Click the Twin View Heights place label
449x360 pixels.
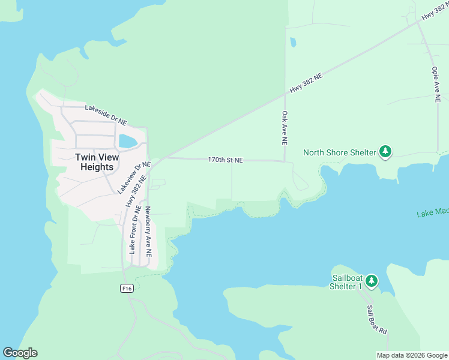[x=97, y=162]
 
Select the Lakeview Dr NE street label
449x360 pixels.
[x=133, y=177]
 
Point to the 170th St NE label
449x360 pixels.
[x=226, y=160]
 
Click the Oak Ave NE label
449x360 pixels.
[x=285, y=128]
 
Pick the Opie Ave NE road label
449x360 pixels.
[x=436, y=85]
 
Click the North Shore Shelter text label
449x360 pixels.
[x=340, y=152]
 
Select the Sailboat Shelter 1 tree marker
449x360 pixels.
[x=372, y=280]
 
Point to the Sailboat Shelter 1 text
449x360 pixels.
[x=348, y=282]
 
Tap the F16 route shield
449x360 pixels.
[x=125, y=289]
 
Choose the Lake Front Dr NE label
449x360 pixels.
[x=134, y=229]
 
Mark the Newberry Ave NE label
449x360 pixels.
[x=148, y=232]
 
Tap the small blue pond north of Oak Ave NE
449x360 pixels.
[x=292, y=43]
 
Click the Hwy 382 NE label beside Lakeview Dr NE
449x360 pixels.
[x=136, y=191]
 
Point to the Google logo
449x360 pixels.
[x=20, y=353]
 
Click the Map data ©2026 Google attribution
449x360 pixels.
[x=412, y=355]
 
